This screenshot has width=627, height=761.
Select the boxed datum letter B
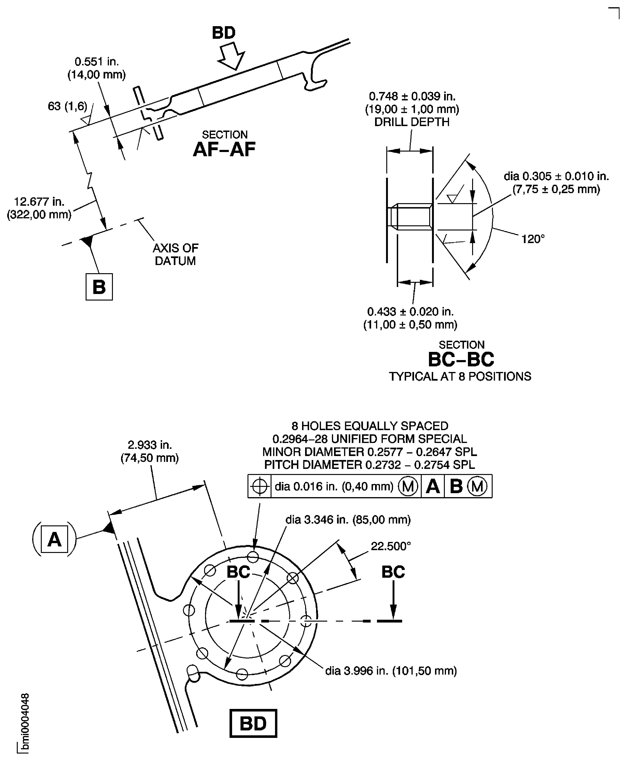99,287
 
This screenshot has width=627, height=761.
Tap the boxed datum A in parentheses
55,539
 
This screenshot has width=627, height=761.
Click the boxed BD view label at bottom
253,723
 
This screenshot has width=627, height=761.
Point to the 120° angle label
533,239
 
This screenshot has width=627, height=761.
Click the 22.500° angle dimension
391,546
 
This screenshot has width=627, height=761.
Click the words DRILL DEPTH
412,122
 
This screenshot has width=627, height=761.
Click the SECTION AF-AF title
224,145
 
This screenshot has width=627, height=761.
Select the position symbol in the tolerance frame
259,486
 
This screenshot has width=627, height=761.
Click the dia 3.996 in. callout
391,671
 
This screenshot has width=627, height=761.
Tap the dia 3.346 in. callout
348,520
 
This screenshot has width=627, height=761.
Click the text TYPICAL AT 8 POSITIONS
460,376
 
